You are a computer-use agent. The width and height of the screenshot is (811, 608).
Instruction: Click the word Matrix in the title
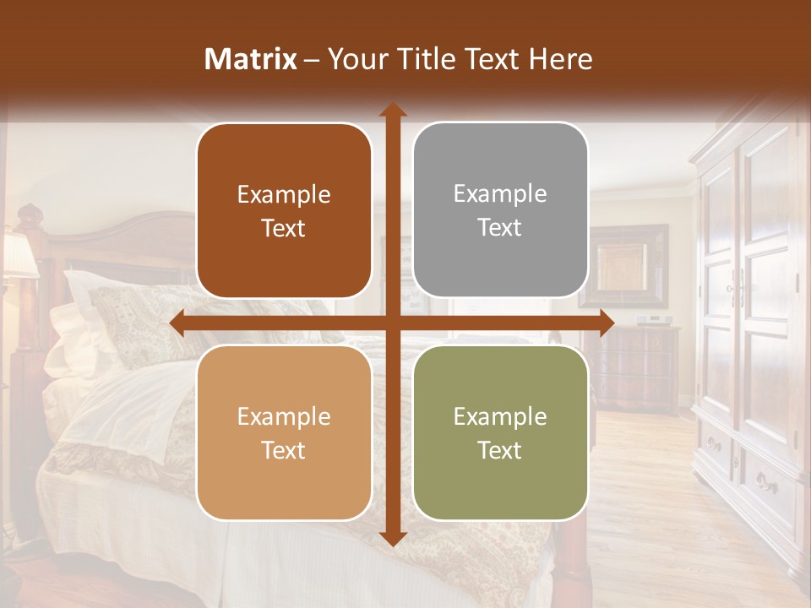(251, 59)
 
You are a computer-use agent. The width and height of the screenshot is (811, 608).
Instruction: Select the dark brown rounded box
(284, 210)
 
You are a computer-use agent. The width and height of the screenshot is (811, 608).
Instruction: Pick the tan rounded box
(284, 432)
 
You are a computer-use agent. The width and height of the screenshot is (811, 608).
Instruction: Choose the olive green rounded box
(500, 432)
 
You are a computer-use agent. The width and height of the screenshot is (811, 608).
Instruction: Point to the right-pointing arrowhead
(606, 323)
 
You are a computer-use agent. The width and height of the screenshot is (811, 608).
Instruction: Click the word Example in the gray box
(500, 193)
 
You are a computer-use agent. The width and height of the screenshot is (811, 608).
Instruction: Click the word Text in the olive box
(500, 450)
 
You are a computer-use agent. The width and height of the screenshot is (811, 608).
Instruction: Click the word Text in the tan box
(284, 450)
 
